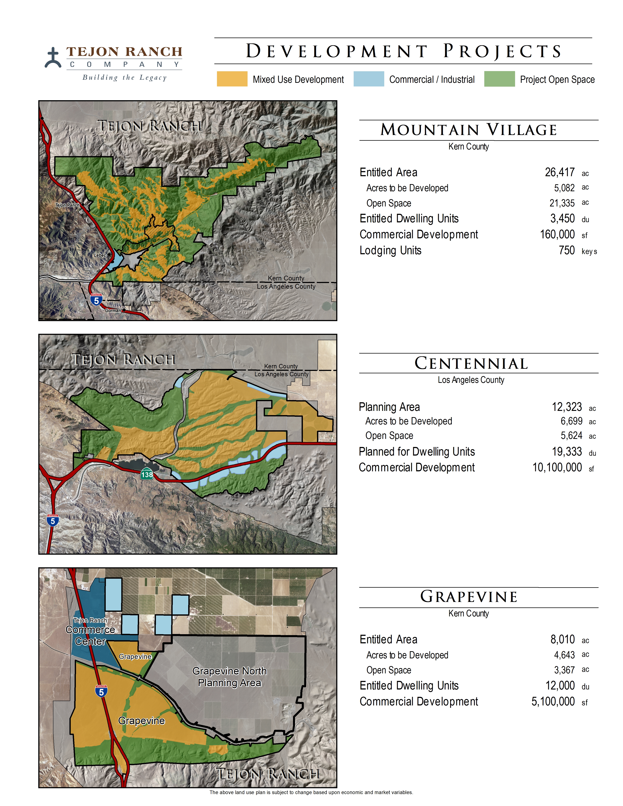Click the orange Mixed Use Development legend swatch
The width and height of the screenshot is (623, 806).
point(232,79)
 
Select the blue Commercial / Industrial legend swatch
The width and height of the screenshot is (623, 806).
point(368,79)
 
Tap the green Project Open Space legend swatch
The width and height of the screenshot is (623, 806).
point(499,79)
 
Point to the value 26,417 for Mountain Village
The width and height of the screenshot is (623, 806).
point(560,172)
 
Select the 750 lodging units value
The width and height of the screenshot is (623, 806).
point(567,251)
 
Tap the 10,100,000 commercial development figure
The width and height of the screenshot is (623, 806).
point(557,468)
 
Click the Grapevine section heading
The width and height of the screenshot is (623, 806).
point(469,597)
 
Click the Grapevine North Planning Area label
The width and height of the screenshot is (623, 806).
point(229,677)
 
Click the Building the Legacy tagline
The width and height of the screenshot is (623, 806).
point(124,77)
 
